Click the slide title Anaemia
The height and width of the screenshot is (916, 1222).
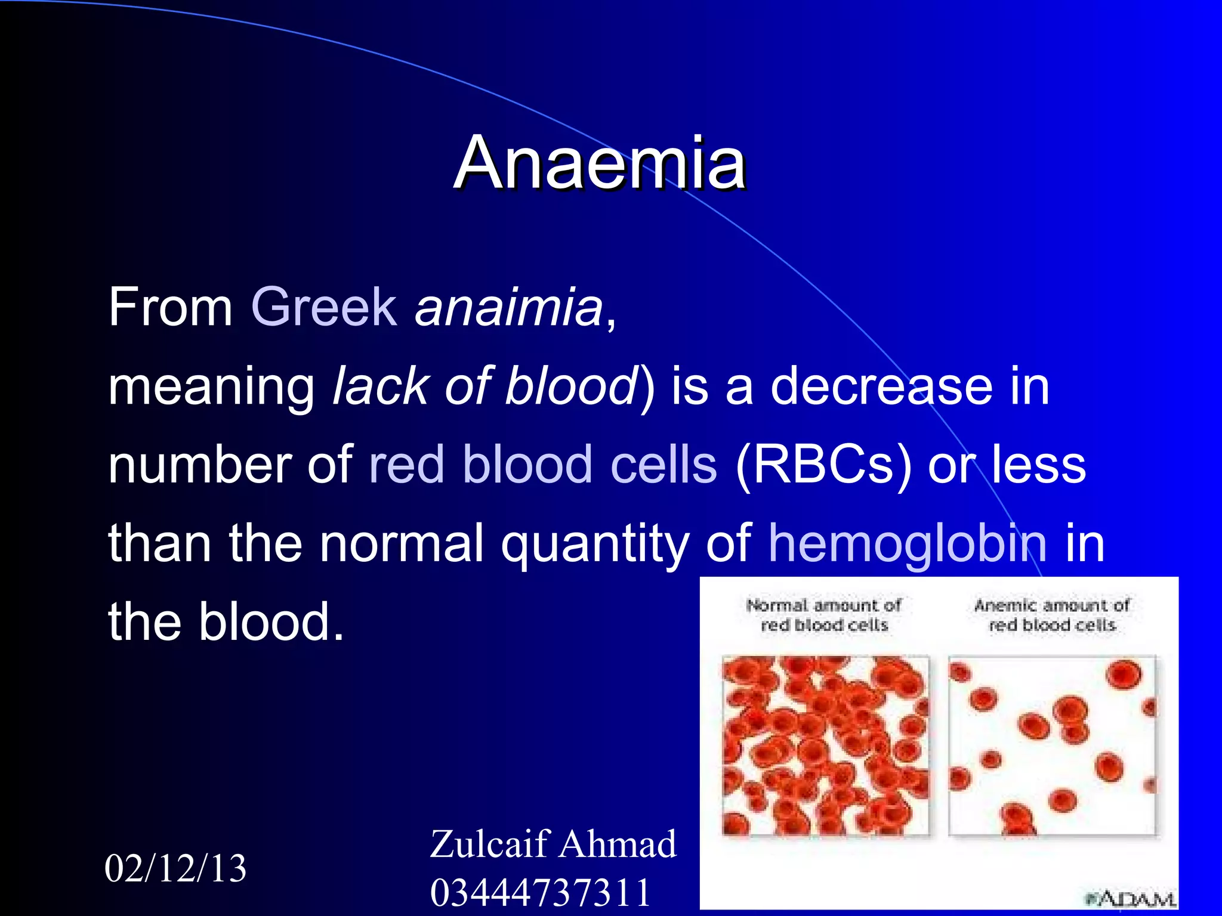pos(600,163)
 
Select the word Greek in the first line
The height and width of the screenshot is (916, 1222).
pos(324,307)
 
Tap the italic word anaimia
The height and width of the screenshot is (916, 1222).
pos(509,307)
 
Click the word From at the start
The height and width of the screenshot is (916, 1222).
pos(170,307)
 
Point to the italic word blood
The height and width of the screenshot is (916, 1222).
pos(572,386)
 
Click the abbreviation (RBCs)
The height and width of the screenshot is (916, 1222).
pos(823,465)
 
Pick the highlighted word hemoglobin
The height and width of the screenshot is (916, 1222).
pos(907,543)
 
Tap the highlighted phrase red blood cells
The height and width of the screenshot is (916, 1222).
pos(543,465)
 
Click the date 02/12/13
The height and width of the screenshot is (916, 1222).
pos(175,868)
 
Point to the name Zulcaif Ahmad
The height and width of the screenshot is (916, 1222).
pos(553,844)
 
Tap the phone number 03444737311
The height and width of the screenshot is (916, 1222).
pos(540,893)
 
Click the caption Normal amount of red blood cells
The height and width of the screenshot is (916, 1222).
pos(824,615)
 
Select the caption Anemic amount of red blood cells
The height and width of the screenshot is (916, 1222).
pos(1052,615)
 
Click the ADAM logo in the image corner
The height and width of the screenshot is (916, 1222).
pos(1131,898)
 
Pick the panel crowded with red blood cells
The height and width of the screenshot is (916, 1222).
pos(825,745)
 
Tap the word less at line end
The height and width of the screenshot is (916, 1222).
pos(1039,465)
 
